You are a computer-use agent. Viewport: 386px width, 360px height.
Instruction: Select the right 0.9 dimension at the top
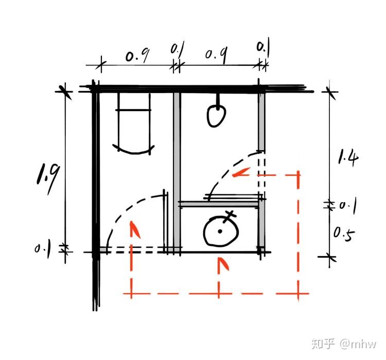click(x=217, y=55)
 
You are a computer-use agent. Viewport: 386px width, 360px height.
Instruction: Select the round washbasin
click(x=220, y=231)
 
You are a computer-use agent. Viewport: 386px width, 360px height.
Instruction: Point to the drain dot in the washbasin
click(x=220, y=231)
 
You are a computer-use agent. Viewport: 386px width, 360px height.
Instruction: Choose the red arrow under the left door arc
click(x=135, y=229)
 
